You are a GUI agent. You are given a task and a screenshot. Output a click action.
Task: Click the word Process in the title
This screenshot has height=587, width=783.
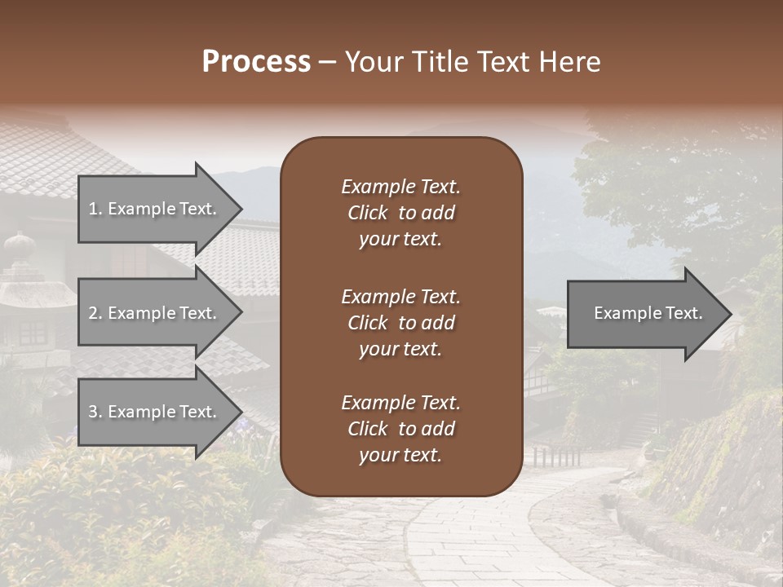pos(256,62)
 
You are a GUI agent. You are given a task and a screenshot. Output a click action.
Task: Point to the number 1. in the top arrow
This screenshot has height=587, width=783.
pos(95,209)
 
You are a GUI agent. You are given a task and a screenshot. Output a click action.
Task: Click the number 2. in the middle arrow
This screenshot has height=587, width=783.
pos(95,313)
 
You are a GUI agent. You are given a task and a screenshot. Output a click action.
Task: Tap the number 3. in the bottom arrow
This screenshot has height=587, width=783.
pos(95,412)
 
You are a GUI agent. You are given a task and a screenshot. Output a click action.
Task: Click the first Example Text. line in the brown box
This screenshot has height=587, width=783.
pos(400,187)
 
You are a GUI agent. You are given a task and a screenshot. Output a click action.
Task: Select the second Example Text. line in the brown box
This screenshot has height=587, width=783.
pos(400,297)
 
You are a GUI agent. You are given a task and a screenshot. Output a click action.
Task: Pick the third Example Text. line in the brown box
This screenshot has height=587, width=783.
pos(400,403)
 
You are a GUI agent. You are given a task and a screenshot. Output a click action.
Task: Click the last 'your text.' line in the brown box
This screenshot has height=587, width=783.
pos(400,456)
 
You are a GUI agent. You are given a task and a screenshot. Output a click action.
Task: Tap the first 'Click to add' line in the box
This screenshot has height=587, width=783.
pos(400,213)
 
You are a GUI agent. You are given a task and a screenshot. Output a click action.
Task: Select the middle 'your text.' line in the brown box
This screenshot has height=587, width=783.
pos(400,349)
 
